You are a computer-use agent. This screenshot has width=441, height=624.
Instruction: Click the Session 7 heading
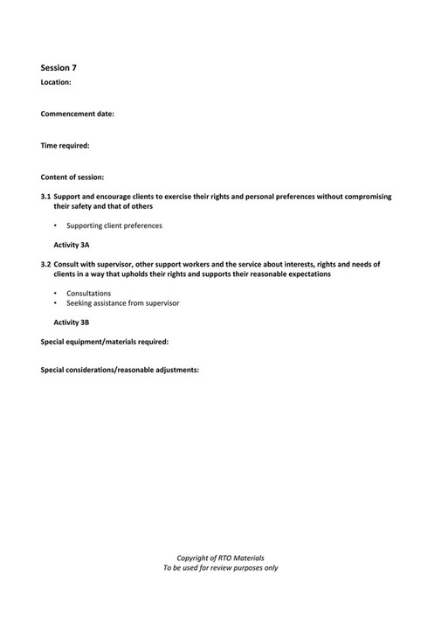click(59, 66)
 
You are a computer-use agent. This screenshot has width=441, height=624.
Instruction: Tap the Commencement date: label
click(78, 114)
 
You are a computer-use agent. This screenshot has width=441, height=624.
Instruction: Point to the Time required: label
click(65, 145)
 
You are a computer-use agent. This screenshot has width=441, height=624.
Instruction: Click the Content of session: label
click(72, 177)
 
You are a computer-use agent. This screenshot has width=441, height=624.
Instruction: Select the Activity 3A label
click(72, 246)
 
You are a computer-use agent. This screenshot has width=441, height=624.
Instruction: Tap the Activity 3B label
click(72, 322)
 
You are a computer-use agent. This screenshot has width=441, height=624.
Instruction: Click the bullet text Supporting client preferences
click(114, 226)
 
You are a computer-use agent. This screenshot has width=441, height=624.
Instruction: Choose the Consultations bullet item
click(88, 293)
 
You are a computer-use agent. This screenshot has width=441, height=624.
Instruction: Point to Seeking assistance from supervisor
click(123, 303)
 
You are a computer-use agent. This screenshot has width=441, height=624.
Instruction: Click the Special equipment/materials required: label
click(105, 341)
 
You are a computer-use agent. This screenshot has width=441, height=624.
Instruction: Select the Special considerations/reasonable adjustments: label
click(120, 370)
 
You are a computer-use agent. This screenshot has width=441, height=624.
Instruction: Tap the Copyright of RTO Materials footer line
click(220, 558)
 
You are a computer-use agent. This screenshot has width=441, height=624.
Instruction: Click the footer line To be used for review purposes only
click(220, 568)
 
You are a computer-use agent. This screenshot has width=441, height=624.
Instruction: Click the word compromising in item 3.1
click(366, 197)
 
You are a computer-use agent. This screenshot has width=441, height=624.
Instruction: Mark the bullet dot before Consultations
click(55, 294)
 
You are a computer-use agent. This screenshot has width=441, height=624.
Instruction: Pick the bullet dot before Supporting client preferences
click(55, 226)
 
